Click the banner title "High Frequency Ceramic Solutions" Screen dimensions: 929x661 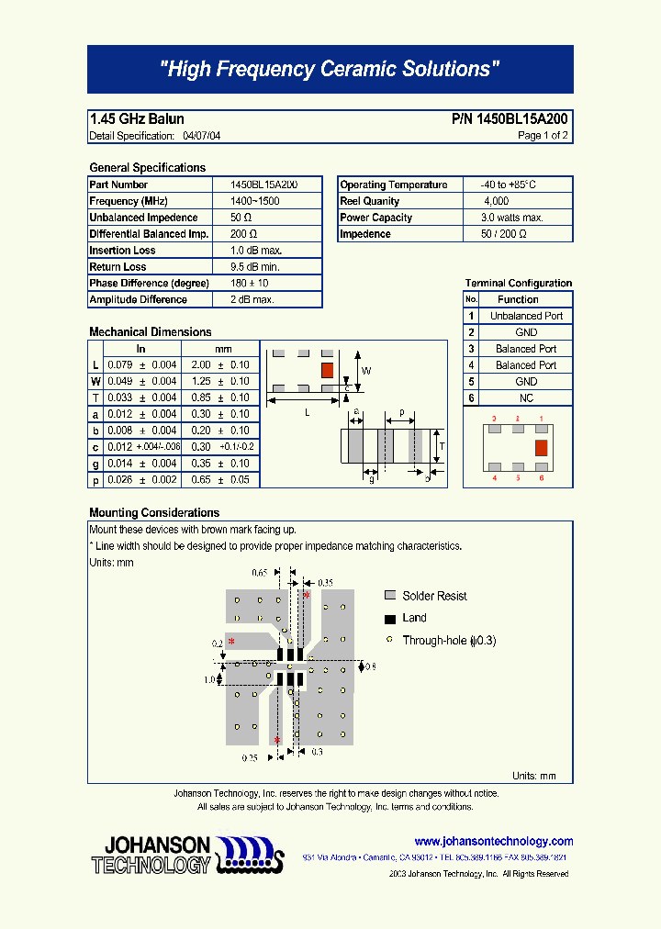(330, 69)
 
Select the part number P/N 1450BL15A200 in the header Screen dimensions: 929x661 (510, 119)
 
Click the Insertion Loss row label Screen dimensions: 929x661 (122, 251)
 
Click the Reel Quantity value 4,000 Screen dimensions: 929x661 (497, 201)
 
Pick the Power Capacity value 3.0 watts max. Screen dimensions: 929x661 (512, 218)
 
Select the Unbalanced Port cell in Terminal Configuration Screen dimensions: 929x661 (526, 316)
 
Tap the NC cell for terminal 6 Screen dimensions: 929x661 (526, 398)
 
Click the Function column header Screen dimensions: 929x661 (518, 299)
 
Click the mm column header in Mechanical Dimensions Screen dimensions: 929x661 (223, 349)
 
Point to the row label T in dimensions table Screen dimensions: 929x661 (95, 397)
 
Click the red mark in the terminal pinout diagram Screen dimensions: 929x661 (541, 447)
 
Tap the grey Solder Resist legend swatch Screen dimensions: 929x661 (390, 596)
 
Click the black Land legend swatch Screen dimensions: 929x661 (390, 619)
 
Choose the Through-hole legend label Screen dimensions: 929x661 (449, 641)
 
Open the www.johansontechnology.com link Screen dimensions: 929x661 (493, 841)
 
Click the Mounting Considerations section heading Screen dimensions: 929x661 (154, 512)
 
